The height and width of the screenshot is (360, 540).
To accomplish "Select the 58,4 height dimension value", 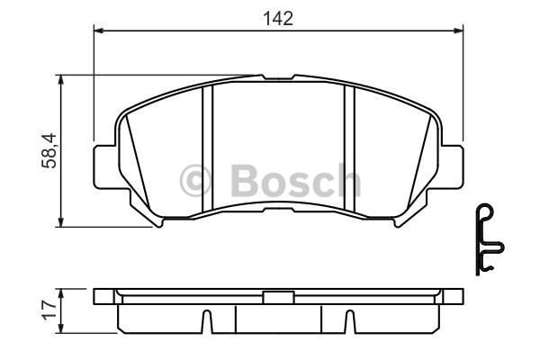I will point(51,149).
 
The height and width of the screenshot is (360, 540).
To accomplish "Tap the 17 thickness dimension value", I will point(50,310).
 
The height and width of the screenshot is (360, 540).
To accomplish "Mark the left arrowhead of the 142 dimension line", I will point(99,32).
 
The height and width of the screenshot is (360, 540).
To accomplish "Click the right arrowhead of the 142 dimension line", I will point(459,32).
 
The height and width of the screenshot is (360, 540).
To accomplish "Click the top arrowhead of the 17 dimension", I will point(61,292).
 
